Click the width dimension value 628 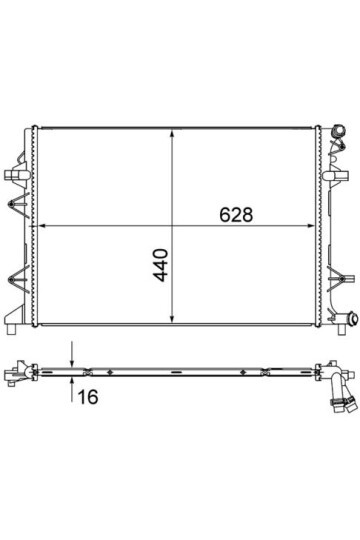[236, 215]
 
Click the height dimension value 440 [161, 265]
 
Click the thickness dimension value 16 [88, 397]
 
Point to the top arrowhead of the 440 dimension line [172, 134]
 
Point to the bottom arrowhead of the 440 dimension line [172, 319]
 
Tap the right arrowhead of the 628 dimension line [310, 226]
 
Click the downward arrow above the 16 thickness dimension [72, 354]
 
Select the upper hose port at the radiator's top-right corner [338, 132]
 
